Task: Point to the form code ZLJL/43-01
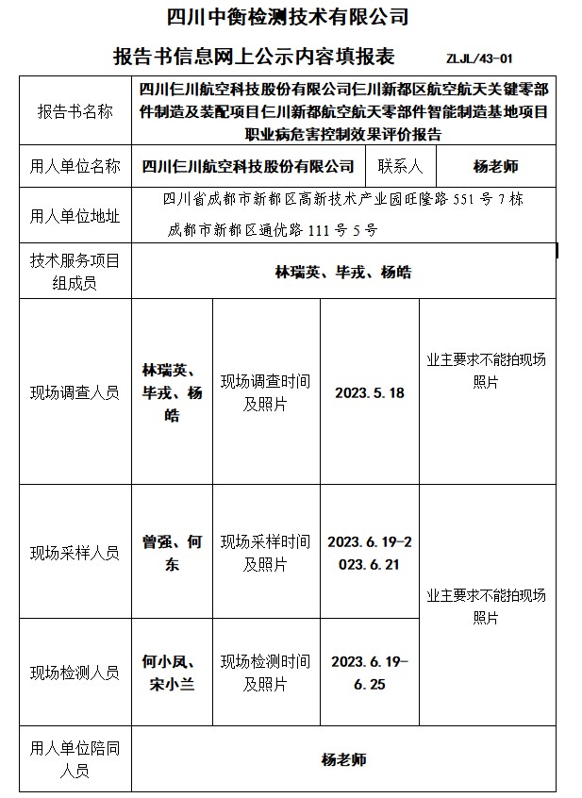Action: (480, 58)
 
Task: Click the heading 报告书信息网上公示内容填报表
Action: (258, 55)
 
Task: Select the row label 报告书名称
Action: (75, 111)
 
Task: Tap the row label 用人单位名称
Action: (75, 167)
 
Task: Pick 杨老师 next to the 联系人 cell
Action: (495, 167)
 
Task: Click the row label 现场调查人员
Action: (75, 392)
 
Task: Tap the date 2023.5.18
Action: (369, 392)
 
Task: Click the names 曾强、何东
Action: (172, 553)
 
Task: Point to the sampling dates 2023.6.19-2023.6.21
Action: (369, 553)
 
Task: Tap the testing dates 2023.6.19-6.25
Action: (369, 673)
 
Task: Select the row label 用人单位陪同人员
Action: (75, 759)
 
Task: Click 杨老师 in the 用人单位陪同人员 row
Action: (343, 759)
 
